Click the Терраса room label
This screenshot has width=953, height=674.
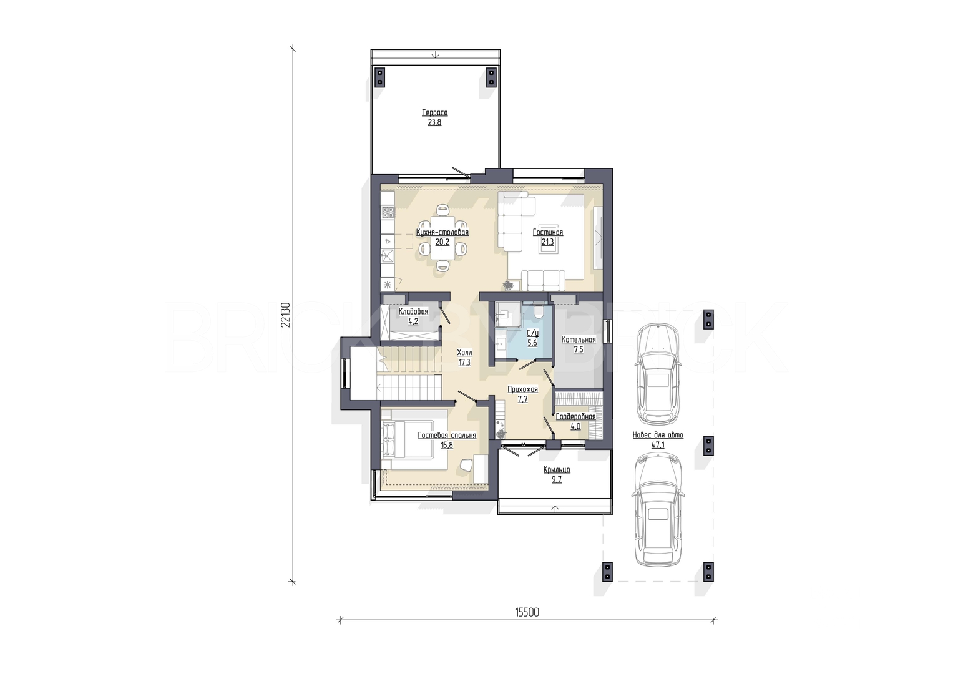point(435,113)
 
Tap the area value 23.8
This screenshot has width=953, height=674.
point(435,122)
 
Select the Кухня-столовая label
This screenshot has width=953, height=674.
point(442,232)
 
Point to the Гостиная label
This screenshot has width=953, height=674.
point(548,232)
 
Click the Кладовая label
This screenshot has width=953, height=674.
point(413,311)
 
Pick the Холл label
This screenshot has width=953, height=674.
point(464,353)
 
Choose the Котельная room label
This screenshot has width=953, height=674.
point(579,340)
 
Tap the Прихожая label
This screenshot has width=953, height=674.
point(523,389)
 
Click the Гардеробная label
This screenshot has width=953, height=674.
point(575,417)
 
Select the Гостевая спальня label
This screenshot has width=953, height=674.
point(447,436)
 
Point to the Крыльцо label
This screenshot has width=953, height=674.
point(557,470)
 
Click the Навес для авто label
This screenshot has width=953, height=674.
point(658,436)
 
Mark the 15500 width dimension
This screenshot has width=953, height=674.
point(527,612)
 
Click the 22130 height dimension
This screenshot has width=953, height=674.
point(285,315)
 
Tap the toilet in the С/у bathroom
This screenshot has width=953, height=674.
point(537,310)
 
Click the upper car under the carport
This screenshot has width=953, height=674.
point(658,374)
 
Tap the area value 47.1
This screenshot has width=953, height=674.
point(658,445)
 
